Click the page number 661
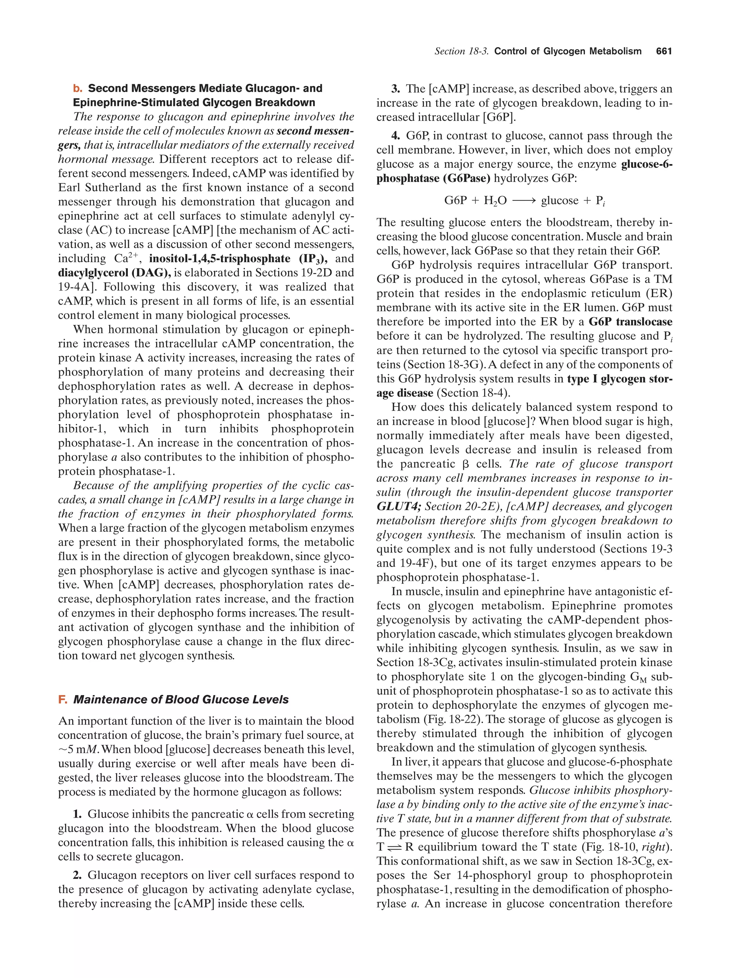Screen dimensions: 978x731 tap(664, 51)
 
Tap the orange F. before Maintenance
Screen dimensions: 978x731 tap(62, 699)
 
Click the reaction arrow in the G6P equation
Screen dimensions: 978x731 tap(524, 201)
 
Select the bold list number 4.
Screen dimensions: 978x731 tap(396, 136)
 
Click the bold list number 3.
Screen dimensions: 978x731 tap(396, 88)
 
